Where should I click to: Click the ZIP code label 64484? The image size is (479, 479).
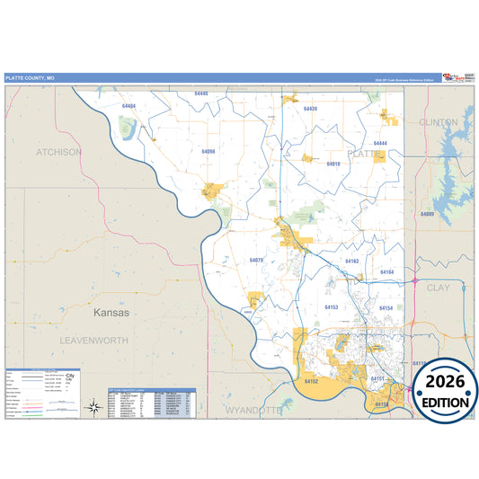pos(129,106)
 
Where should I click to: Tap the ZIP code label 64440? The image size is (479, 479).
pos(200,93)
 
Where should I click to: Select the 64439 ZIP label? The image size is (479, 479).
pos(311,108)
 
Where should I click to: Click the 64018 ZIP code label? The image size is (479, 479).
pos(333,164)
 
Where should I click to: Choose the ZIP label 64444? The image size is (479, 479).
pos(380,144)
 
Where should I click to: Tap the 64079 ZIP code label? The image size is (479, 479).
pos(256,260)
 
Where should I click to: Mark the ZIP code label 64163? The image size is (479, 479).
pos(352,261)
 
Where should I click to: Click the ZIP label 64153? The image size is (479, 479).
pos(332,307)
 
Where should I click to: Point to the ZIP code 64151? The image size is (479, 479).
pos(378,379)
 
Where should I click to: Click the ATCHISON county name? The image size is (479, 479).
pos(58,152)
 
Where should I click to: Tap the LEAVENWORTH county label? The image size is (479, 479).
pos(94,342)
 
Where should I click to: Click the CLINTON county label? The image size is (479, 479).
pos(439,121)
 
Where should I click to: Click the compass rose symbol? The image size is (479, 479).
pos(93,407)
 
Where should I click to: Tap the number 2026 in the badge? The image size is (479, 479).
pos(445,381)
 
